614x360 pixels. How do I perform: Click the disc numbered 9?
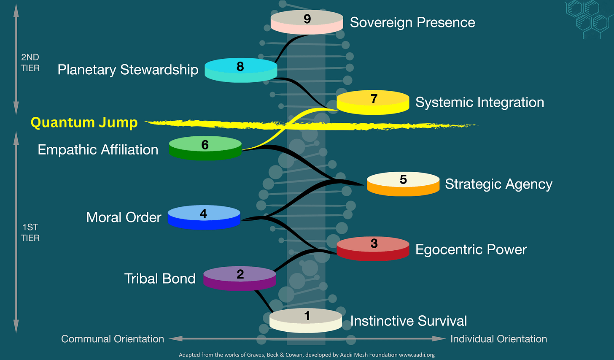(307, 22)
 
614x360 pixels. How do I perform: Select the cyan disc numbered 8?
(241, 70)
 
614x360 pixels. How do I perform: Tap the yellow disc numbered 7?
(373, 102)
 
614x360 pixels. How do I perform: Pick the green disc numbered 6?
(205, 148)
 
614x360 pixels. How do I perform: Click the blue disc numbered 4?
(204, 217)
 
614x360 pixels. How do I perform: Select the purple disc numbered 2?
(240, 278)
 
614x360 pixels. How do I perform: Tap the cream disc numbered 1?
(306, 320)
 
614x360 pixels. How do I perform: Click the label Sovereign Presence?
(412, 22)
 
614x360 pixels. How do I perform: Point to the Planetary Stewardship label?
(128, 70)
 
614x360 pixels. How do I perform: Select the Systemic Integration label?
(479, 102)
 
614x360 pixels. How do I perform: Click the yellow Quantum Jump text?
(84, 122)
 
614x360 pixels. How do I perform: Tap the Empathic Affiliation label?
(98, 150)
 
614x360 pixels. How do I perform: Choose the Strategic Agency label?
(498, 184)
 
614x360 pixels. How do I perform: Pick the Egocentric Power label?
(471, 249)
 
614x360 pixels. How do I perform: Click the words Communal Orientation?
(113, 339)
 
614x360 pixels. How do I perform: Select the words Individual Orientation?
(498, 339)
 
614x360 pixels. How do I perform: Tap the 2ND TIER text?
(30, 62)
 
